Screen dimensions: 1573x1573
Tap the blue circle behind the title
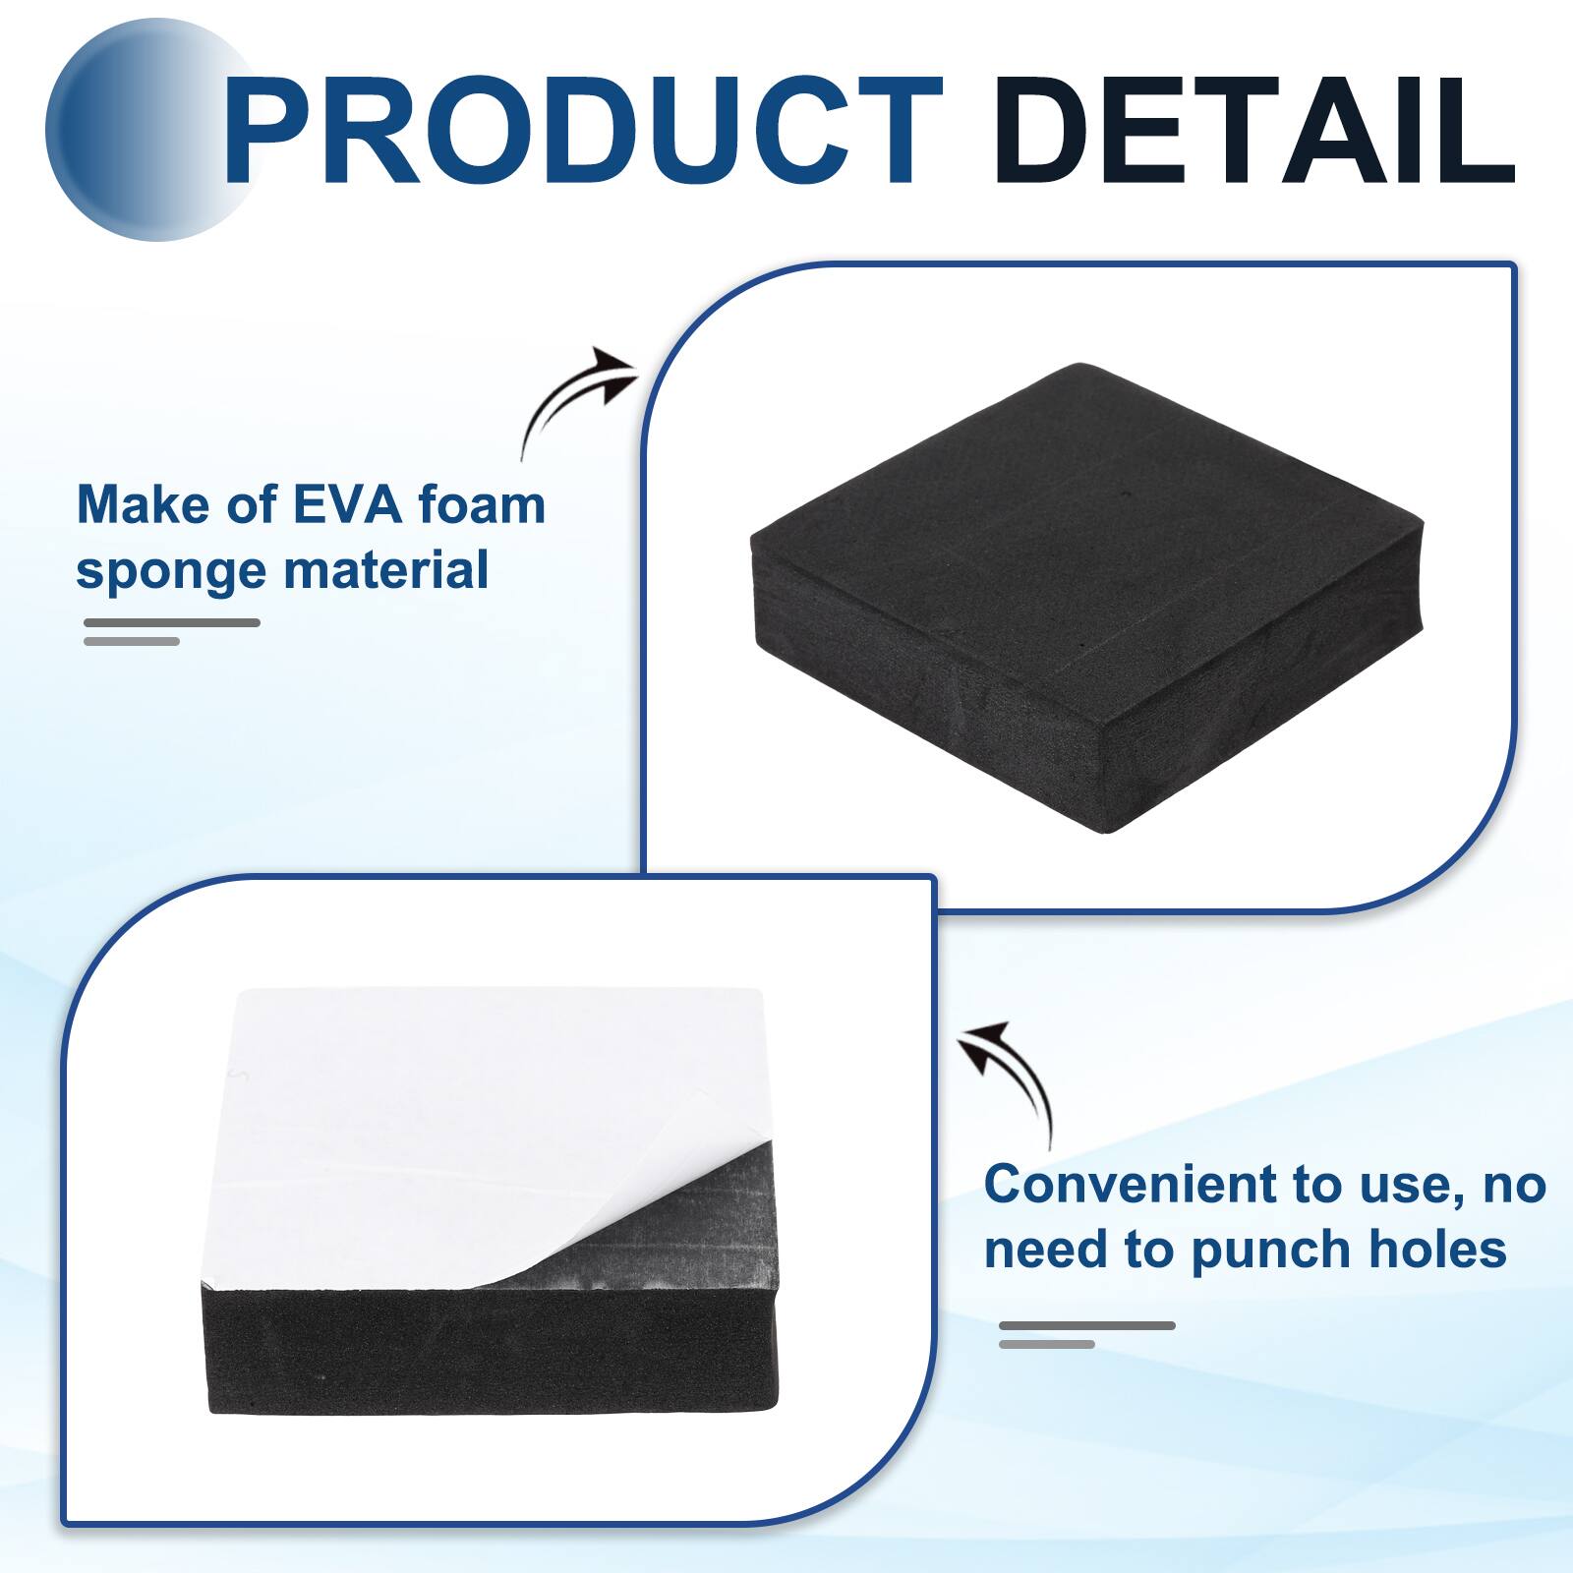(x=128, y=133)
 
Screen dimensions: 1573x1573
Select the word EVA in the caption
(x=347, y=505)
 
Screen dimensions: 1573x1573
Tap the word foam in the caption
(x=481, y=505)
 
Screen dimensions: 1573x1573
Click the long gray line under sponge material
(x=172, y=622)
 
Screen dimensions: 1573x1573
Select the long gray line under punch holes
(x=1087, y=1325)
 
